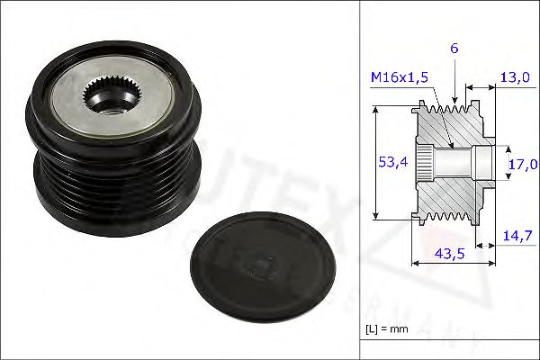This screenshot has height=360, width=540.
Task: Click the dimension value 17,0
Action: [522, 164]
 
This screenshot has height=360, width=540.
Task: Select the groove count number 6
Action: [454, 48]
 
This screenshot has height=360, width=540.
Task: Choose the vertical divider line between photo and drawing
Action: [360, 180]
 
